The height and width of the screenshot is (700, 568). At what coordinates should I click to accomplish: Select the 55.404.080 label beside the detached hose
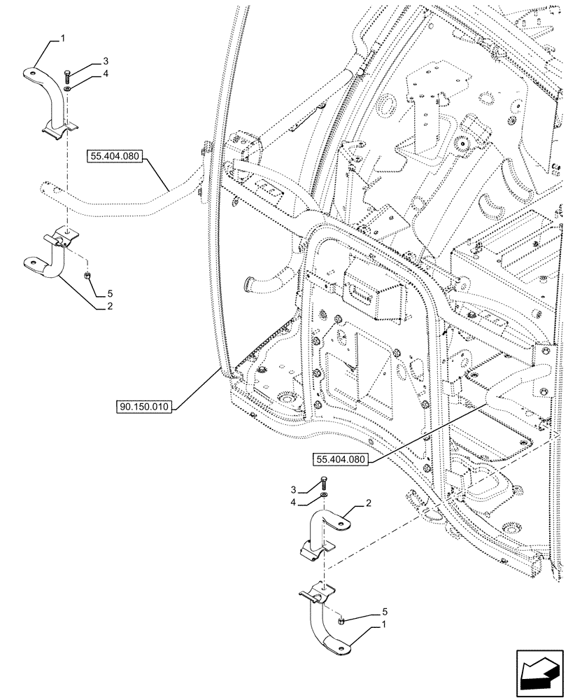115,157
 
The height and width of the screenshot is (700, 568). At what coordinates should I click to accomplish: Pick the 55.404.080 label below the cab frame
341,459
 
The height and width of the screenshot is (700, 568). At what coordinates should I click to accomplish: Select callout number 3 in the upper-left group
106,62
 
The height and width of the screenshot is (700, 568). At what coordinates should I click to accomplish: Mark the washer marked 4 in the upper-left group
66,89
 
